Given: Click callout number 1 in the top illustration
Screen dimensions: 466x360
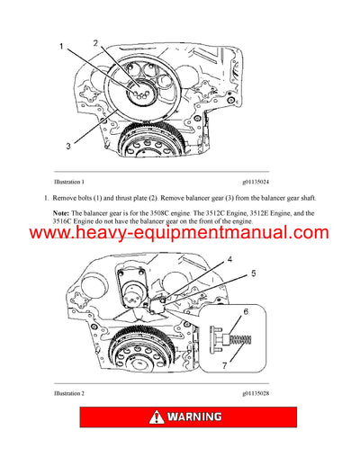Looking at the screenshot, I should click(62, 45).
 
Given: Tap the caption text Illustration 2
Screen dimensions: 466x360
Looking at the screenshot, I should click(76, 394).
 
